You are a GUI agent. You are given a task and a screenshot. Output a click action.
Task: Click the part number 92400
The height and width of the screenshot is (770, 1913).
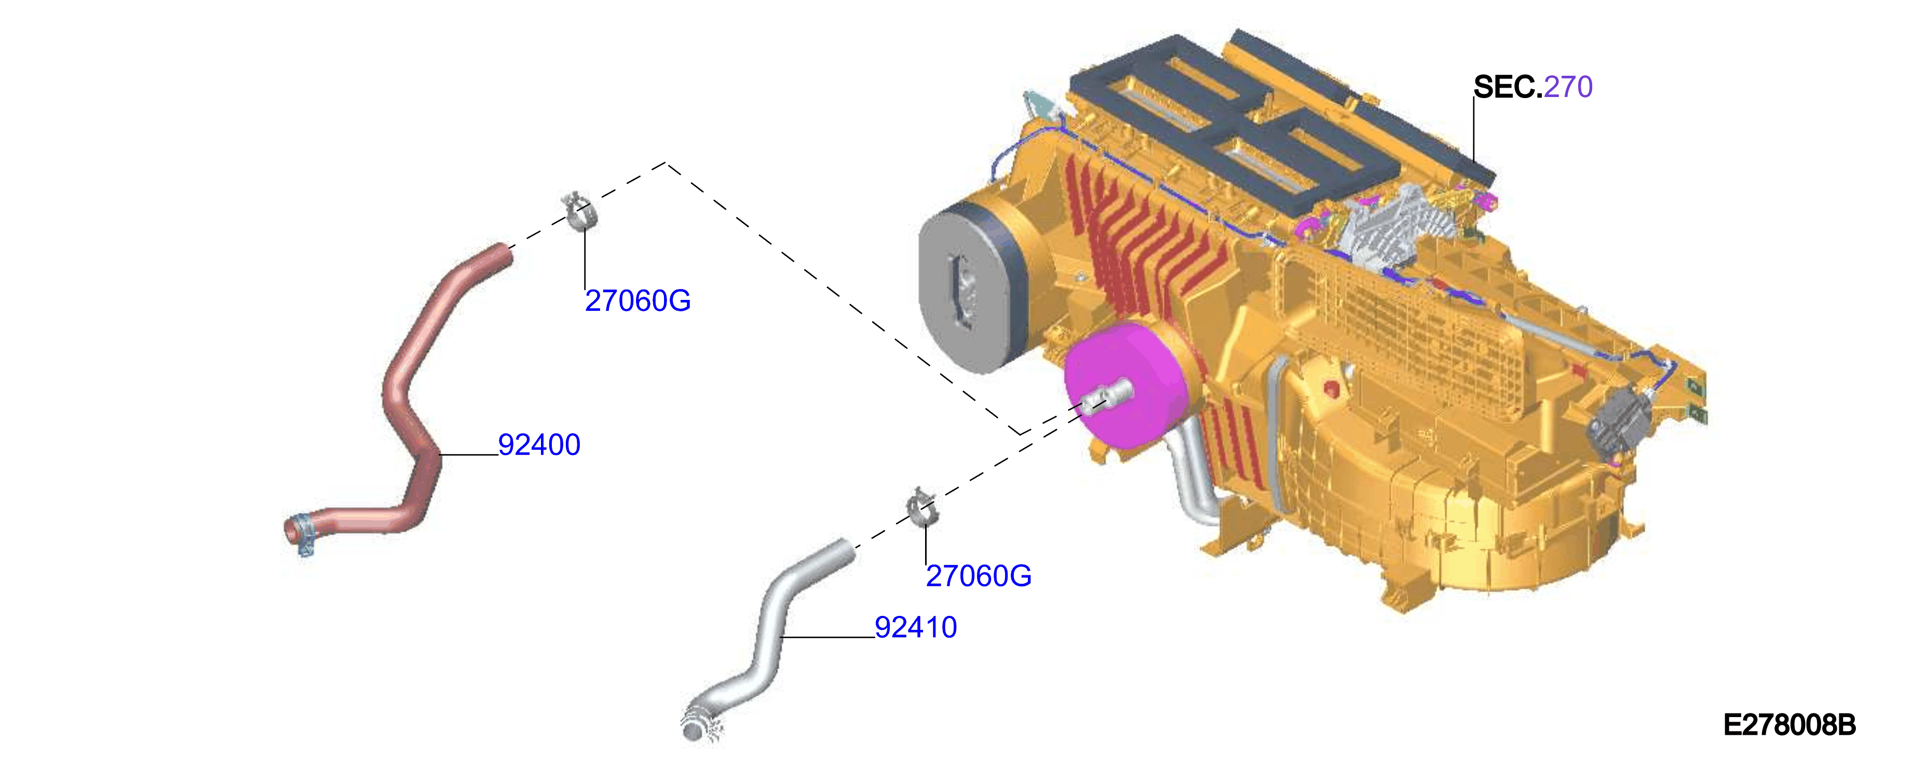(539, 445)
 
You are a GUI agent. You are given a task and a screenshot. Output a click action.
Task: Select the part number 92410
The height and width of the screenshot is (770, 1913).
(916, 627)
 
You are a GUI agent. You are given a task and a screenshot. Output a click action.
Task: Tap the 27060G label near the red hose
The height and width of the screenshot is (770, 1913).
(638, 301)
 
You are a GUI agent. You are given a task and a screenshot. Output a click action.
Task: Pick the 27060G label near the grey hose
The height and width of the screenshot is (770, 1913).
(979, 575)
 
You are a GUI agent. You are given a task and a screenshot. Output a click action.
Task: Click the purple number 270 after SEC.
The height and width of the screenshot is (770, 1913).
(1568, 87)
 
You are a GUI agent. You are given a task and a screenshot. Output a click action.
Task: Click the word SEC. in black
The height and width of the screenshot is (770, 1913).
(1508, 87)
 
